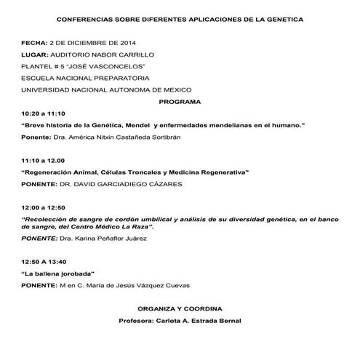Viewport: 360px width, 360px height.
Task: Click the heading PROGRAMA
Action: [180, 103]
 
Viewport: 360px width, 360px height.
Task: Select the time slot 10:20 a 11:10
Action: [44, 113]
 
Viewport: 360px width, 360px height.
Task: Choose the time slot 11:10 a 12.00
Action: [44, 160]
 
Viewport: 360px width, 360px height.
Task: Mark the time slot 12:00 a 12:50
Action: [44, 207]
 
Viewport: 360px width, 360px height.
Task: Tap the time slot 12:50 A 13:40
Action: [44, 261]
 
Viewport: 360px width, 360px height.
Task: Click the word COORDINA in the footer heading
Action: [207, 308]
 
